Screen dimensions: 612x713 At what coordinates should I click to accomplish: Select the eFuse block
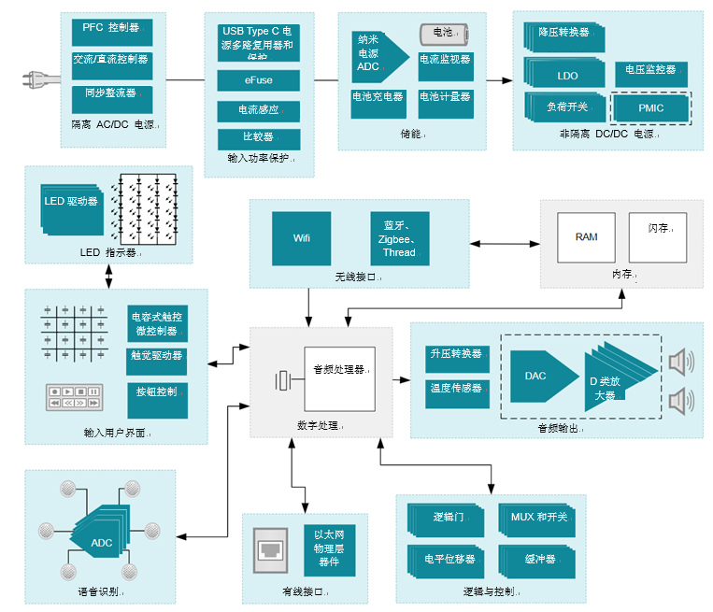pos(259,81)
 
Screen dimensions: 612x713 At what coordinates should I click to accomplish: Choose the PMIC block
pos(650,108)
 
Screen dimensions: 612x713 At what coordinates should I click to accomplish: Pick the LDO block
pos(567,76)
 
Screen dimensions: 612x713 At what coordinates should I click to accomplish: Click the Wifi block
pos(301,238)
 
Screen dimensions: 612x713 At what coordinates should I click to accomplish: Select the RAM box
pos(586,237)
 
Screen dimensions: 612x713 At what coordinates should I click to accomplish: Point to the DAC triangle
pos(540,376)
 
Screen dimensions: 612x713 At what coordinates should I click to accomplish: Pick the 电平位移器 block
pos(449,560)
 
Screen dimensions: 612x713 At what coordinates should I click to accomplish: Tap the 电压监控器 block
pos(650,70)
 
